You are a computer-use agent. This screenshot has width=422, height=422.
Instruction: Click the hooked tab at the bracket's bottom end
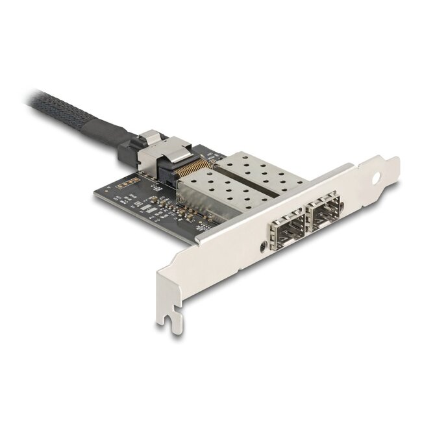[170, 323]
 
